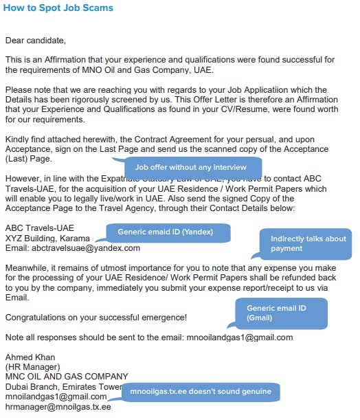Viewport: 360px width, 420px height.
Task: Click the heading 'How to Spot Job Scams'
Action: pos(59,8)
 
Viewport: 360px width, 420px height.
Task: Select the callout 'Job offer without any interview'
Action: pos(190,167)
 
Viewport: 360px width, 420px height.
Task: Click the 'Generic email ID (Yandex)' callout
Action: pos(166,232)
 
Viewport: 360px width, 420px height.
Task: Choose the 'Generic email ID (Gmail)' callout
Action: pos(280,313)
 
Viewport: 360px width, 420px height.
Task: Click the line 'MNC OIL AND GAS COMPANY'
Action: pos(67,377)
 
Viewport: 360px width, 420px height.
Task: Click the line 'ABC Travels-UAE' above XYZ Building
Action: pos(40,228)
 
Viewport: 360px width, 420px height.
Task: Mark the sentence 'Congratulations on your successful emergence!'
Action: pos(95,318)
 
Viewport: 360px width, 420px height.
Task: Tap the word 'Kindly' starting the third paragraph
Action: pos(17,140)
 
